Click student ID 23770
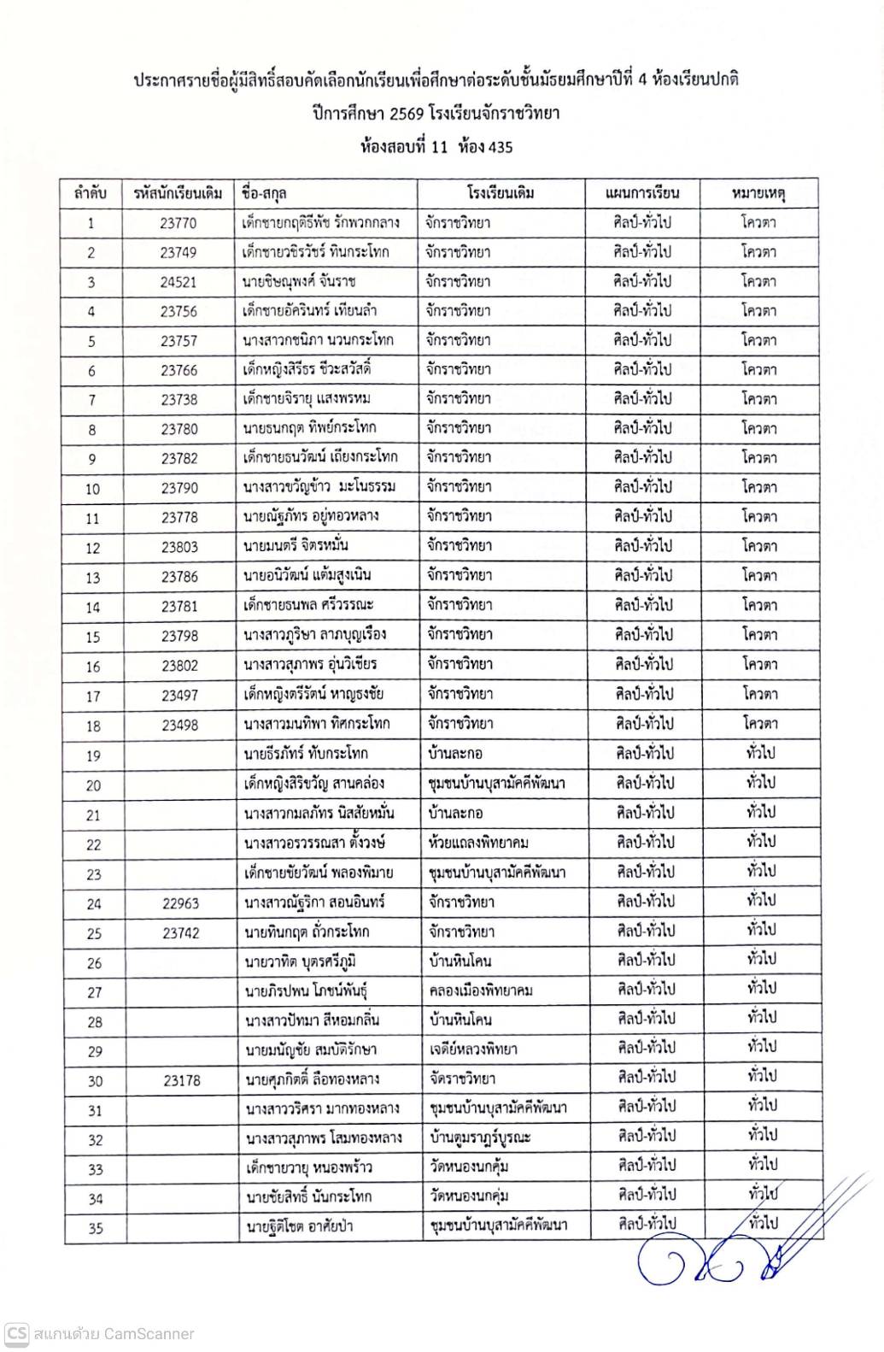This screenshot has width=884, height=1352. (x=178, y=223)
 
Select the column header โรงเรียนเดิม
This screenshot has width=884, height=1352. (x=501, y=193)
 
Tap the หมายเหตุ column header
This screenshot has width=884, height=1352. (x=758, y=193)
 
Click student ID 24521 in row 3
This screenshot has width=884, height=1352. (x=178, y=281)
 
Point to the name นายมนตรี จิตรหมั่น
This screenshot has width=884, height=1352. (x=296, y=545)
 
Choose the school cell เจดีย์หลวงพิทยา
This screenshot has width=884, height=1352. (x=473, y=1049)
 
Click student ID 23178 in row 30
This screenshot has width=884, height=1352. (x=181, y=1080)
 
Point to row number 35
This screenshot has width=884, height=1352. (x=96, y=1228)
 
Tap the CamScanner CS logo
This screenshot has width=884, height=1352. (x=17, y=1333)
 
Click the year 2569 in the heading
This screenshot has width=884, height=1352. (x=406, y=114)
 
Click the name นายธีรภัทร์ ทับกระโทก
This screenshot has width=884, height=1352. (x=306, y=754)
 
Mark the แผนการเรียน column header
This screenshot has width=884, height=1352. (x=641, y=193)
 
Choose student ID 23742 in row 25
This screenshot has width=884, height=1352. (x=181, y=932)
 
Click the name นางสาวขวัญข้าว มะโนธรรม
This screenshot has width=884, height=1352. (x=319, y=487)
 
